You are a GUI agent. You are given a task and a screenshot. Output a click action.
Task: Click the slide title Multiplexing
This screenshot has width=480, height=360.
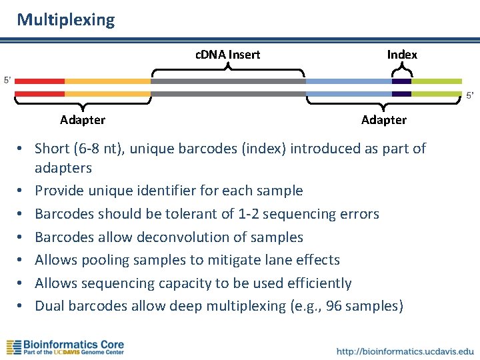pyautogui.click(x=66, y=20)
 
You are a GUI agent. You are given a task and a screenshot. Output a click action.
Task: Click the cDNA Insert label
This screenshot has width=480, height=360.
pyautogui.click(x=227, y=55)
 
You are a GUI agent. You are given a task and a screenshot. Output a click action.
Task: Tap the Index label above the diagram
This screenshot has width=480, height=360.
pyautogui.click(x=402, y=55)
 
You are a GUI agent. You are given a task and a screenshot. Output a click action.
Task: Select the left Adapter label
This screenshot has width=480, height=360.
pyautogui.click(x=83, y=120)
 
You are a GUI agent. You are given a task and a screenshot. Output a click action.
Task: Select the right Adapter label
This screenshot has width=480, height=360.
pyautogui.click(x=383, y=120)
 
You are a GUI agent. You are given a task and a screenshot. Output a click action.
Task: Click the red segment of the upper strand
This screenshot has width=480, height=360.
pyautogui.click(x=39, y=81)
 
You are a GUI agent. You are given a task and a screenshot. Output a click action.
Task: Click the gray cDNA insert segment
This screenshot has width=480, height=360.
pyautogui.click(x=228, y=81)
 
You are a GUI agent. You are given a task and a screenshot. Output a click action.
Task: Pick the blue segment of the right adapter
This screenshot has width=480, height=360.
pyautogui.click(x=348, y=81)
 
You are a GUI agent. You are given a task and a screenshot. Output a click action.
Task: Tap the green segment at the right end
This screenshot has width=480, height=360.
pyautogui.click(x=436, y=81)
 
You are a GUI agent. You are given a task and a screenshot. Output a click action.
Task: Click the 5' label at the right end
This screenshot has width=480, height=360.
pyautogui.click(x=470, y=95)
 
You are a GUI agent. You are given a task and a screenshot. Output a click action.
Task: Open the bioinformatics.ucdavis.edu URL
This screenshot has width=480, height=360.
pyautogui.click(x=405, y=351)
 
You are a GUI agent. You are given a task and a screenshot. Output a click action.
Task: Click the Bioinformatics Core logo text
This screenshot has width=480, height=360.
pyautogui.click(x=73, y=345)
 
